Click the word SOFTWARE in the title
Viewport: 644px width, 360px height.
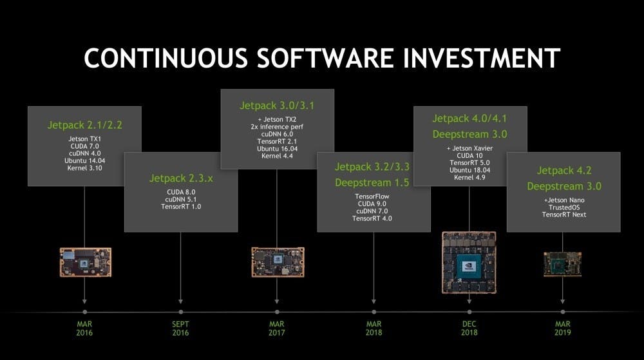[325, 58]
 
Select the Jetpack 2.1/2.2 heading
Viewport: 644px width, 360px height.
[84, 125]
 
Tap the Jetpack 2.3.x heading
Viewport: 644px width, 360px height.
[181, 178]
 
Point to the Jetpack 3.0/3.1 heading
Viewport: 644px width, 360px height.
[277, 106]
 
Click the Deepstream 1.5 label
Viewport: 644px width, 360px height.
[372, 183]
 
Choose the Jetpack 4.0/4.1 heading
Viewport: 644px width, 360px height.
[470, 118]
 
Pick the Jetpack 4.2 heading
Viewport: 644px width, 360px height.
[564, 171]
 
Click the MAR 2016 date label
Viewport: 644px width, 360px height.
[84, 328]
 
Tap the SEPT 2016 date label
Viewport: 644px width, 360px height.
[181, 328]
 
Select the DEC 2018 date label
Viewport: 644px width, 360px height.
[469, 328]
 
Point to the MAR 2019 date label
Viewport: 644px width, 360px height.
[563, 328]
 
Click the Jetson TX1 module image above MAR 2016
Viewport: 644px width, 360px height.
[86, 262]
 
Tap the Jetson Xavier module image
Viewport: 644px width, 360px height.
[469, 263]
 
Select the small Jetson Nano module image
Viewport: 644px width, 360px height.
[563, 264]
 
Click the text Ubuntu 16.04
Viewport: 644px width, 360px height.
[277, 149]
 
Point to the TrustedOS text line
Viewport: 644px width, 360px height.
[564, 208]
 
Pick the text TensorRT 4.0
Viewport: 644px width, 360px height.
[372, 219]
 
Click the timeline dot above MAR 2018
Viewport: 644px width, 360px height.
[374, 312]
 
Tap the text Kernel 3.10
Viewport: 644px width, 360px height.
[84, 168]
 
